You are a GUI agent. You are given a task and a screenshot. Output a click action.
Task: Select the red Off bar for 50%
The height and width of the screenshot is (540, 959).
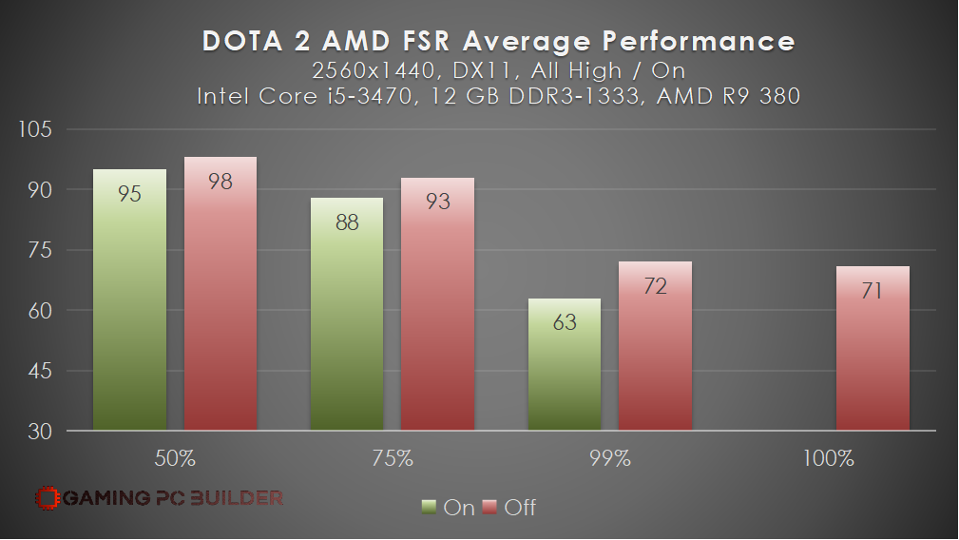coord(220,294)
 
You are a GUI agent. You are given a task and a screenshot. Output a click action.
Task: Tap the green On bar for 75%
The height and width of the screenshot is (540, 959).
coord(347,314)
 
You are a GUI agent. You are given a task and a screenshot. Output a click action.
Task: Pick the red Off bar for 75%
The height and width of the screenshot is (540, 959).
coord(437,304)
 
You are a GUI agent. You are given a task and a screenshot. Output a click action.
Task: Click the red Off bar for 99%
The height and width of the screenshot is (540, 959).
coord(655,346)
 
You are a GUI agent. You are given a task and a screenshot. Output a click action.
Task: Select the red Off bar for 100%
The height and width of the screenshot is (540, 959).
coord(872,348)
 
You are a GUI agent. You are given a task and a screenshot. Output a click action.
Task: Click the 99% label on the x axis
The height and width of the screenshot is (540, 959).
coord(609,458)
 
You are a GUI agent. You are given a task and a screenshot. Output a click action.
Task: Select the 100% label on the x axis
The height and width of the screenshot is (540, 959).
coord(827,458)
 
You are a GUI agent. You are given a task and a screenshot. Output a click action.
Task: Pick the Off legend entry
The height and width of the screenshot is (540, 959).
coord(510,507)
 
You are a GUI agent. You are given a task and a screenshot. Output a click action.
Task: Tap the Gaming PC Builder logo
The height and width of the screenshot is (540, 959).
coord(159,496)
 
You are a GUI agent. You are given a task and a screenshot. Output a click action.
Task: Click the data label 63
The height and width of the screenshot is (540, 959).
coord(564,323)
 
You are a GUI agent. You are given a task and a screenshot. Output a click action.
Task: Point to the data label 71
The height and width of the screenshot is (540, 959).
coord(872,290)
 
